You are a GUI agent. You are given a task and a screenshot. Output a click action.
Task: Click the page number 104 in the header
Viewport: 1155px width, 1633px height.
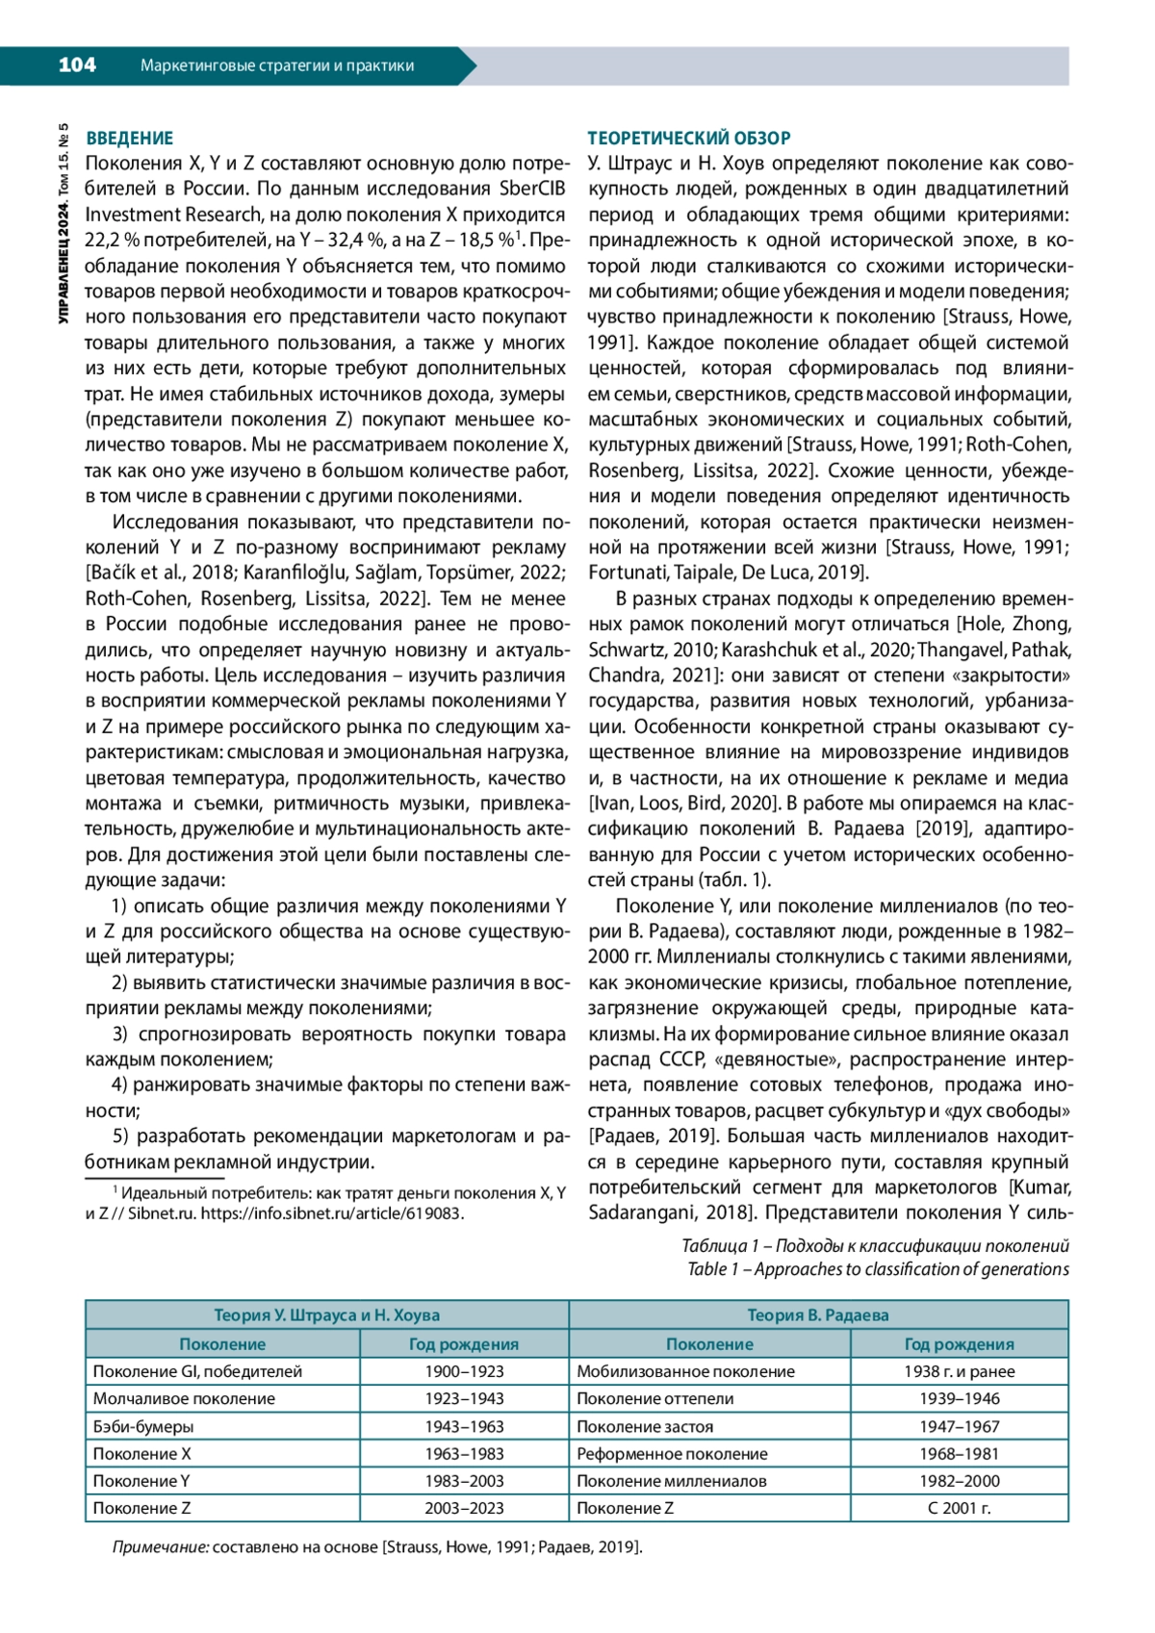[x=77, y=64]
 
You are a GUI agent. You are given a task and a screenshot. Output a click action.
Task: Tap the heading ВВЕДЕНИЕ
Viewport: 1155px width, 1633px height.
[x=130, y=138]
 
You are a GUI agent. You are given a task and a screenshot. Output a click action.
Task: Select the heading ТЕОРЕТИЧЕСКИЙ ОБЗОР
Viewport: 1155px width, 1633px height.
[x=689, y=138]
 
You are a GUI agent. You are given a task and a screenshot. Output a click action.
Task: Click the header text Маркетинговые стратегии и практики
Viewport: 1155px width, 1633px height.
[x=277, y=65]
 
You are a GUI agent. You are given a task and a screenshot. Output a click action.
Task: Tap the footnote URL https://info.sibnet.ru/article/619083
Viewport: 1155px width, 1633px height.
[x=331, y=1213]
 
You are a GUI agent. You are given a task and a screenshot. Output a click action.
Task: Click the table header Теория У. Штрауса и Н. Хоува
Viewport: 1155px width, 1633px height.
[x=326, y=1314]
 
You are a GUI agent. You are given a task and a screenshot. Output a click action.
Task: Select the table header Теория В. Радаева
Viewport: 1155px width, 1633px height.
[x=818, y=1314]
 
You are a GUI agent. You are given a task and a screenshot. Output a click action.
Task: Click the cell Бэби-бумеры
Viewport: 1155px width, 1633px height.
[x=143, y=1426]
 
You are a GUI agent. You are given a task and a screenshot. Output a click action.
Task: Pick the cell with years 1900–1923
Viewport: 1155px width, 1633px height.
[x=464, y=1371]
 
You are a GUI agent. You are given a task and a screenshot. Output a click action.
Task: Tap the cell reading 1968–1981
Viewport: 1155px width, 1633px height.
[x=959, y=1453]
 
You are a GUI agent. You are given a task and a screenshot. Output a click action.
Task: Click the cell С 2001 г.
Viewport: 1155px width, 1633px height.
[x=959, y=1508]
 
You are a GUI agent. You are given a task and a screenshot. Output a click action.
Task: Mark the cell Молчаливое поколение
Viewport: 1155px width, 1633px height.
[x=184, y=1398]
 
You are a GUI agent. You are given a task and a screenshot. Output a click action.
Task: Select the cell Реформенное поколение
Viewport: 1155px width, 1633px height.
[x=672, y=1453]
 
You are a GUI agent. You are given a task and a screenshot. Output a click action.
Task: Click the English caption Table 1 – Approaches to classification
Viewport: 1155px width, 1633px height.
[x=877, y=1269]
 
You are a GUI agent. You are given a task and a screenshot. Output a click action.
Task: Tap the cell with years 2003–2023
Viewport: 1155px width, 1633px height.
[x=464, y=1508]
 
